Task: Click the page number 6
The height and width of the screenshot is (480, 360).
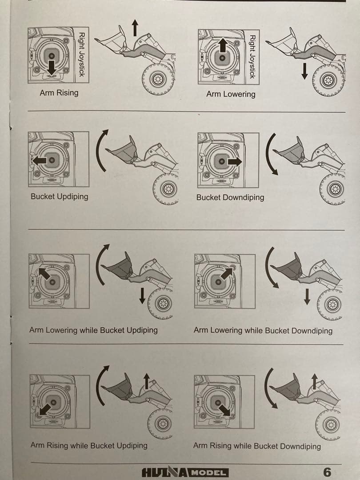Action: click(327, 472)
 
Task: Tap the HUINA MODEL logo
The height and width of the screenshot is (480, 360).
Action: click(185, 472)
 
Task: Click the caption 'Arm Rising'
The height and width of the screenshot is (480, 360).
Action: click(59, 93)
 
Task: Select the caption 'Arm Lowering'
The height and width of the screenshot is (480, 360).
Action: click(231, 94)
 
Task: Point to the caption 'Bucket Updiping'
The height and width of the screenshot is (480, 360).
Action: click(60, 196)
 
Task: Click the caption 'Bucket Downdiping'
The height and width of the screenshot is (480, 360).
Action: click(230, 197)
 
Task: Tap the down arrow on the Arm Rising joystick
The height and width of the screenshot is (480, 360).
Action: click(52, 68)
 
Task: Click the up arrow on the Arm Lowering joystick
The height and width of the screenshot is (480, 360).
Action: click(223, 45)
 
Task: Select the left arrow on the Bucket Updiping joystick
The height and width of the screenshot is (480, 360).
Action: click(40, 160)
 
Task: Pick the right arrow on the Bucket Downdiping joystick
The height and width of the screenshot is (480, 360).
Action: click(235, 161)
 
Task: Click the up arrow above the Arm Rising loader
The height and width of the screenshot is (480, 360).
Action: click(135, 28)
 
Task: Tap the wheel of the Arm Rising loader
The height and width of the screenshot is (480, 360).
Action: click(158, 79)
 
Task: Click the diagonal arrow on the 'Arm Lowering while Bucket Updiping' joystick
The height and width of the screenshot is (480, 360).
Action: click(44, 273)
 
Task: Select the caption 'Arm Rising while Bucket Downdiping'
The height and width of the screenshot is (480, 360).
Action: click(257, 446)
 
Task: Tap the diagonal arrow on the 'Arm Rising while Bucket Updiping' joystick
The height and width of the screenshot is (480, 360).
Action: click(45, 409)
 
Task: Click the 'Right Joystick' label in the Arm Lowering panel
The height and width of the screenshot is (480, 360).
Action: click(252, 56)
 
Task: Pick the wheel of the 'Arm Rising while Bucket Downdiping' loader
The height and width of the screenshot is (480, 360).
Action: click(328, 424)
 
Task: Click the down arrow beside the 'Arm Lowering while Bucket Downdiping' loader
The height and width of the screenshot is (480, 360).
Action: click(307, 296)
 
